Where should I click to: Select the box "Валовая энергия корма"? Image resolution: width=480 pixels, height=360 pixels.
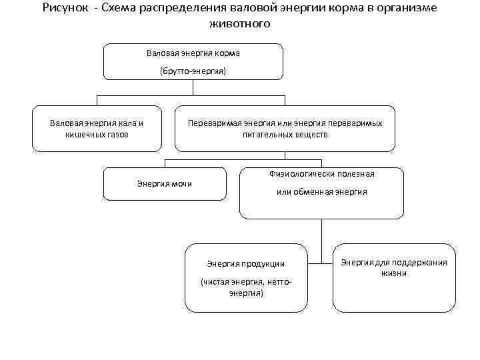pyautogui.click(x=193, y=61)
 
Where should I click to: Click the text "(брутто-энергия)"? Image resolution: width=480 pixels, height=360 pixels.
pyautogui.click(x=193, y=70)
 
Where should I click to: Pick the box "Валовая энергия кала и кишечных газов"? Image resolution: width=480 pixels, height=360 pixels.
pyautogui.click(x=97, y=128)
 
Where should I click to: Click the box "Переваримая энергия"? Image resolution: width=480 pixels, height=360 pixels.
pyautogui.click(x=285, y=128)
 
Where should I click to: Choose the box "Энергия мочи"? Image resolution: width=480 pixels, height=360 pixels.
pyautogui.click(x=164, y=183)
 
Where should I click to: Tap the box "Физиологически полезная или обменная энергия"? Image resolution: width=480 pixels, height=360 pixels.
pyautogui.click(x=321, y=193)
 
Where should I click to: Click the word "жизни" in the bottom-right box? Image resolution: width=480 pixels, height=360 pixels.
pyautogui.click(x=393, y=273)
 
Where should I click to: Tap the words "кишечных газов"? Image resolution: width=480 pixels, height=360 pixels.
pyautogui.click(x=97, y=134)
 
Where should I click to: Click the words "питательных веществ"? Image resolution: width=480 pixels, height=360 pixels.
pyautogui.click(x=285, y=134)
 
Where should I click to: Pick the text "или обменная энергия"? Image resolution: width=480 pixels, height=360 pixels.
pyautogui.click(x=321, y=192)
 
